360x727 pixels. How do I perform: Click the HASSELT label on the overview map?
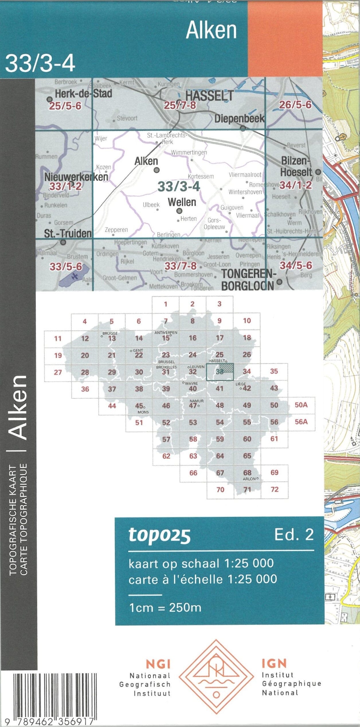(209, 95)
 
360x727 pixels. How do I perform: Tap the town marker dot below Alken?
(156, 170)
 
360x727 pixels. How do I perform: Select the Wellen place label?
(182, 202)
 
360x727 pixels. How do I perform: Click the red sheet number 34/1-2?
(296, 185)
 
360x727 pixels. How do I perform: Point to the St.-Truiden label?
(68, 233)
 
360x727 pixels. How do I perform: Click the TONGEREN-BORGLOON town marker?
(279, 282)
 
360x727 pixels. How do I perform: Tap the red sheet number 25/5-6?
(65, 106)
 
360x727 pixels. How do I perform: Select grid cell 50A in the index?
(301, 405)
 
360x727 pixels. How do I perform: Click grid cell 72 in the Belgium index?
(274, 489)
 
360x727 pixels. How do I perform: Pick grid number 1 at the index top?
(165, 304)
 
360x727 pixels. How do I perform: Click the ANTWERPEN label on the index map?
(166, 333)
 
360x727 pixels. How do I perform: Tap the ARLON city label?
(249, 479)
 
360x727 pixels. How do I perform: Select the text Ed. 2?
(294, 534)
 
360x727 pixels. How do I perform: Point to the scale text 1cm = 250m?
(165, 607)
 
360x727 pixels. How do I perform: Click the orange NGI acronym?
(158, 664)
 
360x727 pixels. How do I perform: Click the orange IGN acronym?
(274, 663)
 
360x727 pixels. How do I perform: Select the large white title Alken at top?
(211, 30)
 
